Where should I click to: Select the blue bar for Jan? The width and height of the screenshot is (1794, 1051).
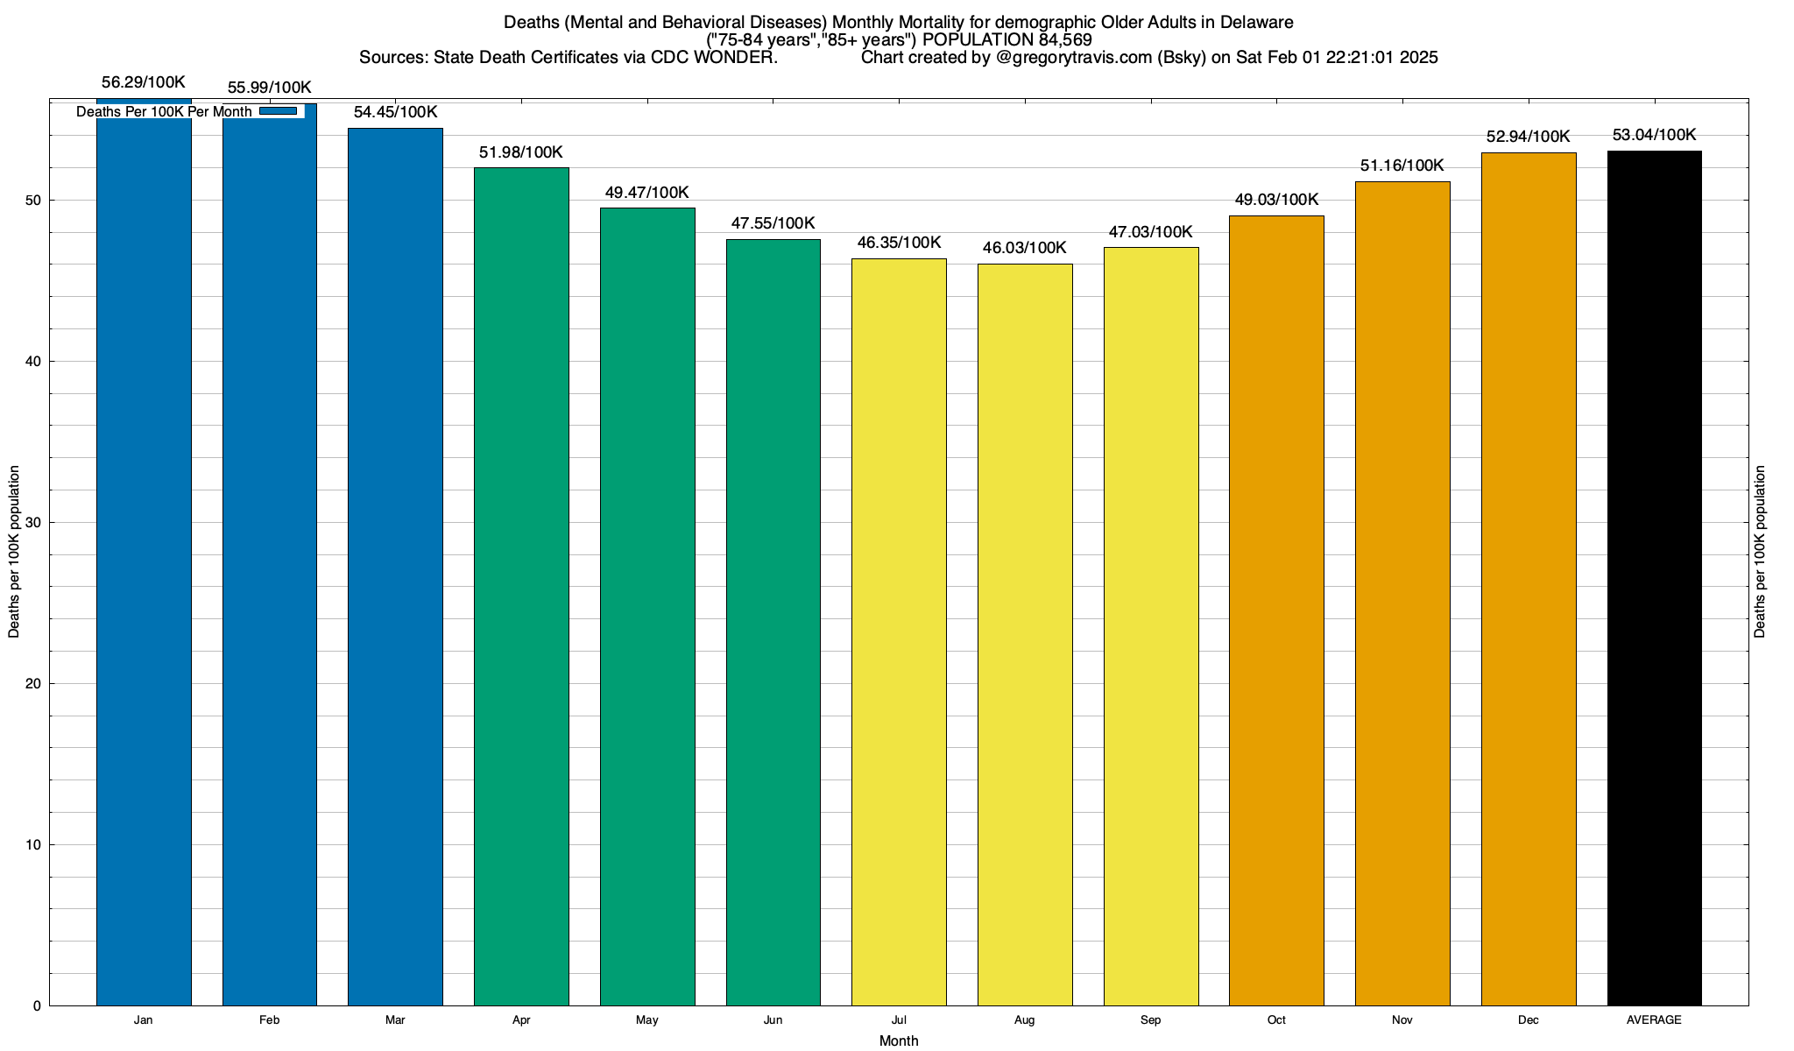(144, 561)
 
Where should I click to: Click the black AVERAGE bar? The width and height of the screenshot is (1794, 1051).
(1655, 578)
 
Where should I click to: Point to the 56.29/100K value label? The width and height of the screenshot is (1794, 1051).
(144, 82)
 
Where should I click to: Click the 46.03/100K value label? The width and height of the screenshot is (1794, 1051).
(1025, 248)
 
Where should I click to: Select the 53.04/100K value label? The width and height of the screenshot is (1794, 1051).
(1655, 135)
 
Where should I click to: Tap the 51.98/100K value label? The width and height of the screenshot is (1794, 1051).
(521, 152)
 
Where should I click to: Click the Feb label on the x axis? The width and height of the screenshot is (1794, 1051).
(270, 1020)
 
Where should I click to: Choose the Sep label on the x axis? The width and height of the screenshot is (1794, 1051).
(1151, 1020)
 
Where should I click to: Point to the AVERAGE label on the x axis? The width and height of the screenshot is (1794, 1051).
(1654, 1020)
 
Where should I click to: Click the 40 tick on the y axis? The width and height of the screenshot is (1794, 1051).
(34, 362)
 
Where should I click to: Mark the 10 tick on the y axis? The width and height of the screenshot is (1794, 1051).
(34, 845)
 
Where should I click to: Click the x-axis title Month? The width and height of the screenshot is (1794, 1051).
(899, 1040)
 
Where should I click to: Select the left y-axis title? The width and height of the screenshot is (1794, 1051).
(14, 552)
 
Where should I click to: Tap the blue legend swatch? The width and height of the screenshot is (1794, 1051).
(279, 111)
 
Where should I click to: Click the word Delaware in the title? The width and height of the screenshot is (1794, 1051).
(1259, 22)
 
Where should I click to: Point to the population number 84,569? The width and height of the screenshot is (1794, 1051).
(1063, 39)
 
